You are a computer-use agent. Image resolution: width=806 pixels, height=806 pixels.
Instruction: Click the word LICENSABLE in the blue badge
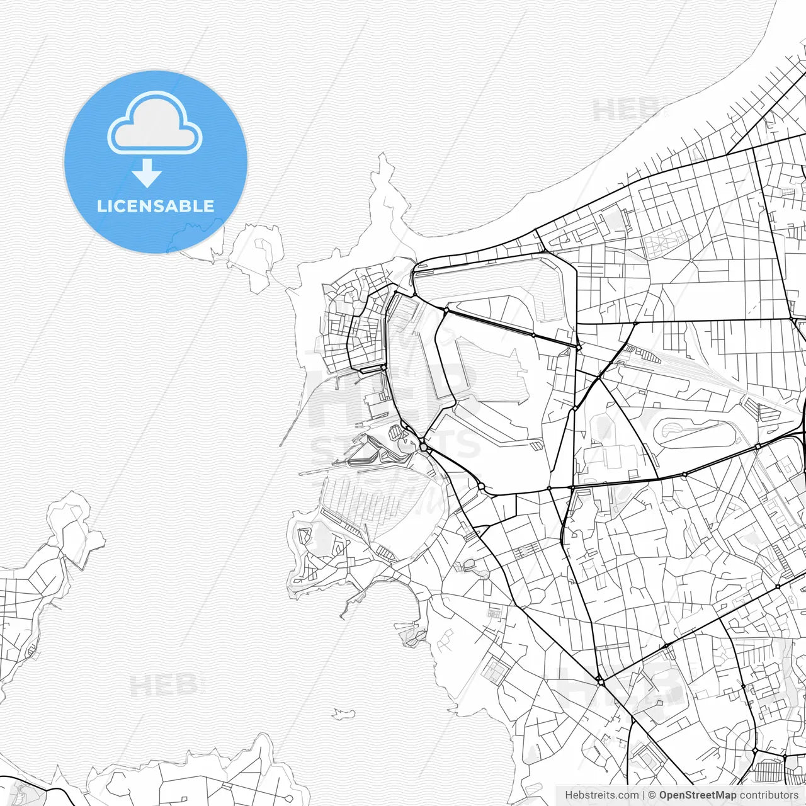(156, 206)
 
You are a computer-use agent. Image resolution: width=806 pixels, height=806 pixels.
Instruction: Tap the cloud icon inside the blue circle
(155, 124)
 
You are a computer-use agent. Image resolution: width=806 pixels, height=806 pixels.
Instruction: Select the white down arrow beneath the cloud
(147, 173)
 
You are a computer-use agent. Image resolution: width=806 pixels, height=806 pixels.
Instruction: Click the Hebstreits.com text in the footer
(601, 795)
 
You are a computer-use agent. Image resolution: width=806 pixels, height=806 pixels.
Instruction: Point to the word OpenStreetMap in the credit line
(697, 795)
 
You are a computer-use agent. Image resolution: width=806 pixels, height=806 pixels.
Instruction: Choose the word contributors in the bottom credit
(768, 795)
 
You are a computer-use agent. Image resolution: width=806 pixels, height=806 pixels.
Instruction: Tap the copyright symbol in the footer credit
(652, 795)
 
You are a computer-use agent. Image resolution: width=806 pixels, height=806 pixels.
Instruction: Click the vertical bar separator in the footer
(643, 795)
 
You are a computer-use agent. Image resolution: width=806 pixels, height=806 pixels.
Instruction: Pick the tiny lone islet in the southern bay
(343, 713)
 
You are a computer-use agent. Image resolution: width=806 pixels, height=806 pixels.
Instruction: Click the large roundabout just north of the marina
(424, 447)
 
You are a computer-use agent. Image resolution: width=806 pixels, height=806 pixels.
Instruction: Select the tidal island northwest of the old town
(255, 255)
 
